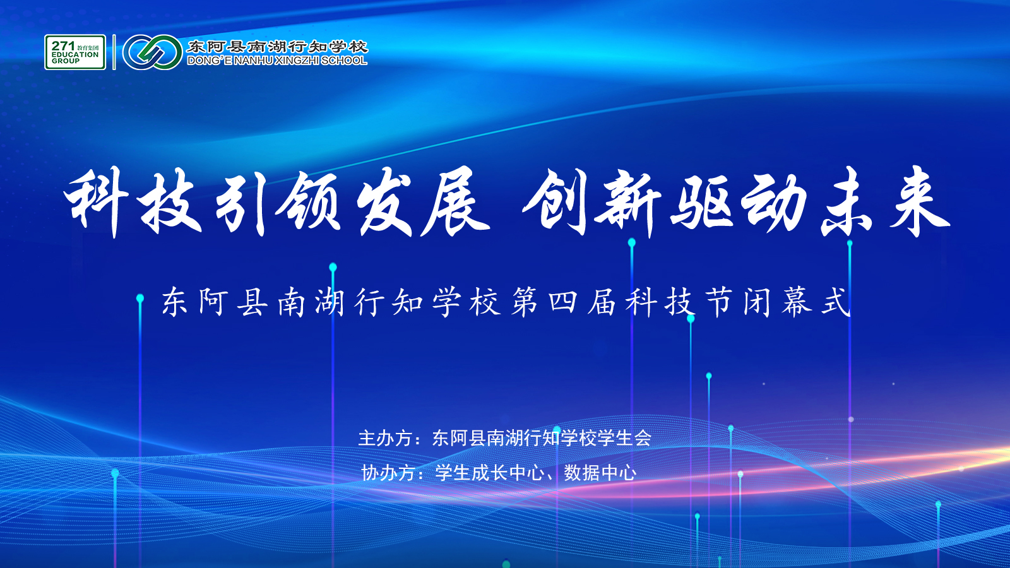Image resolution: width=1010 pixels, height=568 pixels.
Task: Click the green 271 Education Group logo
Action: tap(75, 52)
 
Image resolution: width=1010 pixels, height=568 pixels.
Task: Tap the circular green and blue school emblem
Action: tap(152, 52)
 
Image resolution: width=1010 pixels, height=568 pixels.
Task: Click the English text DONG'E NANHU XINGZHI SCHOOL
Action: tap(277, 61)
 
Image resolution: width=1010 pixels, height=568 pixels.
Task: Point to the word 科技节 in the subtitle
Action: tap(679, 302)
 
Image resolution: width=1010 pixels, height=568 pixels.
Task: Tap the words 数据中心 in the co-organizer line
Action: tap(600, 473)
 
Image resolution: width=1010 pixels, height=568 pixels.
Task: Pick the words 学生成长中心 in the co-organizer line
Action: tap(490, 473)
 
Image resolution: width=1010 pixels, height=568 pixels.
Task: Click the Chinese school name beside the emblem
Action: tap(277, 47)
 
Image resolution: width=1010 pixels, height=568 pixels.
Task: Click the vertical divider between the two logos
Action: tap(114, 52)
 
